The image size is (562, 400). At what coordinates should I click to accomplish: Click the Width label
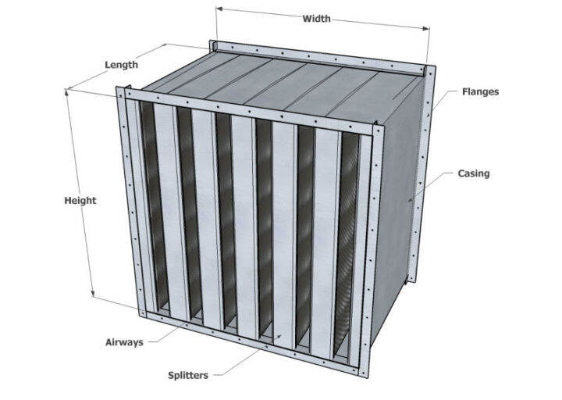(315, 18)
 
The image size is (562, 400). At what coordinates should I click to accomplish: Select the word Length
(121, 65)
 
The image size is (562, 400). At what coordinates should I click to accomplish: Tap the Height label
(80, 201)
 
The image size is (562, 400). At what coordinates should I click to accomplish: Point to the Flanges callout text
(479, 92)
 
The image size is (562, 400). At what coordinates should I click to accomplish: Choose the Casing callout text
(474, 173)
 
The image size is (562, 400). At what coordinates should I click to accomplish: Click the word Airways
(124, 342)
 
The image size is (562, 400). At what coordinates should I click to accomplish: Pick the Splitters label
(188, 376)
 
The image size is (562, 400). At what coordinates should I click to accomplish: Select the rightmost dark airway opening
(347, 234)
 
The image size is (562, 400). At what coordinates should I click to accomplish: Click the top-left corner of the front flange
(120, 91)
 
